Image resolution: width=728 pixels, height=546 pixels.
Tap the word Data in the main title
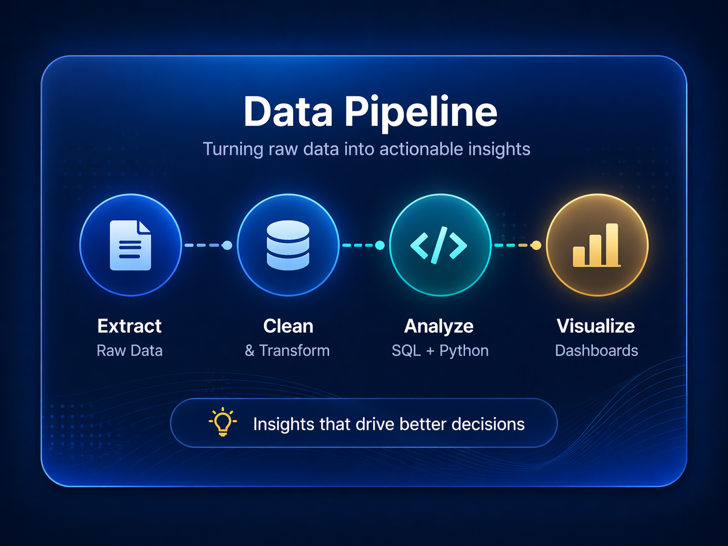point(288,112)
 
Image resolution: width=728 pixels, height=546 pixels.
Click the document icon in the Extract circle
point(130,245)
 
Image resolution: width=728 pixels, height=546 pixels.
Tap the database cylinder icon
point(288,245)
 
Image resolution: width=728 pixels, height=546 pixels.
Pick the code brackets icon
point(439,245)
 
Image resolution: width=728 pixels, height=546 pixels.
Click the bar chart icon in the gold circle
point(596,245)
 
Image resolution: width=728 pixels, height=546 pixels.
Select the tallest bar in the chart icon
point(612,244)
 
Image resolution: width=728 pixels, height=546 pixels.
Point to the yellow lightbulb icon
point(223,422)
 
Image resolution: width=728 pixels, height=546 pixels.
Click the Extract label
point(129,326)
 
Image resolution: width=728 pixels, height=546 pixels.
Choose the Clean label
point(288,326)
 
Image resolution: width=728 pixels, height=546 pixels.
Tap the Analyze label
point(439,326)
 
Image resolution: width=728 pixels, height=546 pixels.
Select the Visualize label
point(596,326)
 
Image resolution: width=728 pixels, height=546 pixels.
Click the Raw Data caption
point(129,350)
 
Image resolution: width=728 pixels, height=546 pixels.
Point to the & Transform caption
point(287,350)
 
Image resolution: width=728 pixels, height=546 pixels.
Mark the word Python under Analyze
point(464,350)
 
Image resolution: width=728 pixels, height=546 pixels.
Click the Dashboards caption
point(596,350)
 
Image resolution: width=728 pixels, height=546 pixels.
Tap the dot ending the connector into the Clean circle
point(227,245)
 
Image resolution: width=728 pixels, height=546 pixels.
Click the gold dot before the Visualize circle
point(536,245)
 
